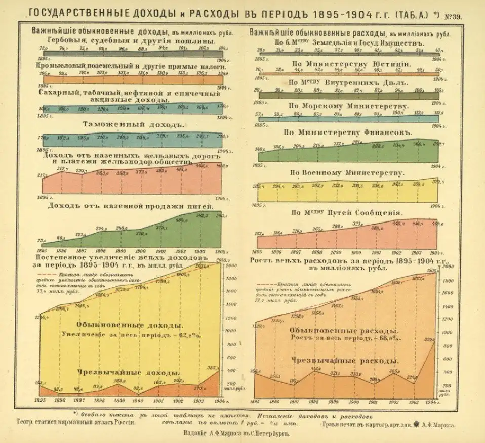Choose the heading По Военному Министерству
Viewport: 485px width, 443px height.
pyautogui.click(x=347, y=173)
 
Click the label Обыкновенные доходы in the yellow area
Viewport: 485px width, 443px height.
pyautogui.click(x=130, y=325)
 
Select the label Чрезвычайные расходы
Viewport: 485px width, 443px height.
pyautogui.click(x=345, y=361)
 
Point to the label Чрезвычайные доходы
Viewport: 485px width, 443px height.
pyautogui.click(x=129, y=372)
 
